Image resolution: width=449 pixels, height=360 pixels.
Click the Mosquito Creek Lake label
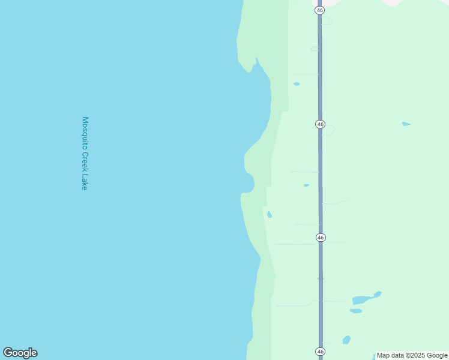(x=85, y=154)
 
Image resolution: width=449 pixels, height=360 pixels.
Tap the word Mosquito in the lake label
(x=85, y=133)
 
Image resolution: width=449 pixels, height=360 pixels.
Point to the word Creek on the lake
(x=85, y=163)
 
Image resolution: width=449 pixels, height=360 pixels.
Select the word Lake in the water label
(x=85, y=182)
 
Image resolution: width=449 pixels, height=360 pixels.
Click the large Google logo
(x=20, y=353)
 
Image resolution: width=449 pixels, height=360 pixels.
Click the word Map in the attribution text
(x=384, y=355)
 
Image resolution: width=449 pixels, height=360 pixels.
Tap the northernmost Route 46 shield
(x=320, y=10)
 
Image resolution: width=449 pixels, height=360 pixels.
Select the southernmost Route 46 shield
(x=320, y=351)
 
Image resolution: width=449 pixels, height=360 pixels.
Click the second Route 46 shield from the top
(x=320, y=124)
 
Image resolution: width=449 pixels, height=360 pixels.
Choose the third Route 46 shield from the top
(x=320, y=238)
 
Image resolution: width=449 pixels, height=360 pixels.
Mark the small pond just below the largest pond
(x=356, y=311)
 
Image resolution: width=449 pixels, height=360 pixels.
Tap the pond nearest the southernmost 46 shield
(x=346, y=340)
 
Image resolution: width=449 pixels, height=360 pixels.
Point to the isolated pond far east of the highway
(x=406, y=124)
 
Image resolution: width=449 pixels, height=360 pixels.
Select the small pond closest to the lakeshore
(x=270, y=214)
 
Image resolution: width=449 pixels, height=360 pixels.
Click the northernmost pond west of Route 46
(x=297, y=84)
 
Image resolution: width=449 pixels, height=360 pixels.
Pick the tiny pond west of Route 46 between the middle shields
(x=306, y=185)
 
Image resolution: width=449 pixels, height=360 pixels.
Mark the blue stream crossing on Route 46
(x=321, y=278)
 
